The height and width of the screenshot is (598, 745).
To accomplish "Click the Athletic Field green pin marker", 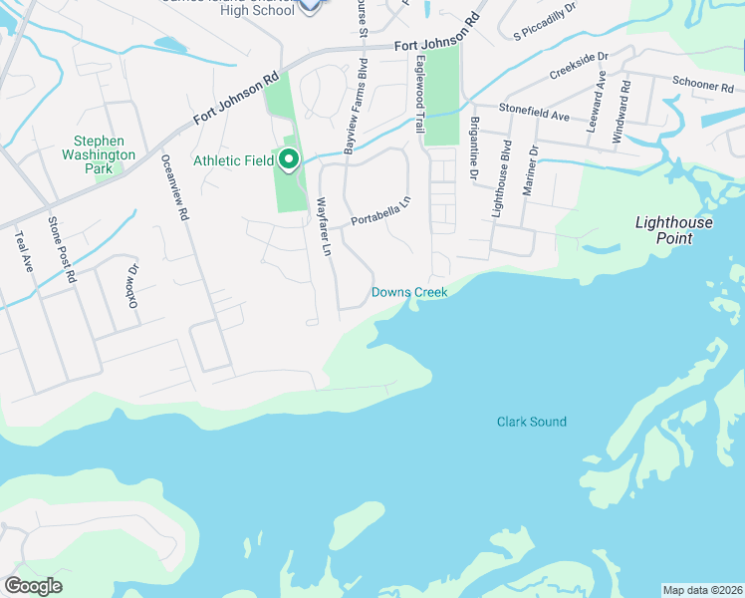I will (289, 160).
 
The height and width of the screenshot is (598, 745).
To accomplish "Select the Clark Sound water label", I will (532, 422).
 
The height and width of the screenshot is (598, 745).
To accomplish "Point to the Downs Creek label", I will (409, 292).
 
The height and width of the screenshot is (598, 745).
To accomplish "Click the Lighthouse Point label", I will (674, 230).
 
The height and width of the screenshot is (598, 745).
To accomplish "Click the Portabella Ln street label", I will (380, 211).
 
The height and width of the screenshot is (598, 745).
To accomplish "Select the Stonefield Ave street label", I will (535, 117).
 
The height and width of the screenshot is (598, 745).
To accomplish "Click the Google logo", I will (34, 585).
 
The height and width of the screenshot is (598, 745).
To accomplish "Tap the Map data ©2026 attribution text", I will (702, 590).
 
